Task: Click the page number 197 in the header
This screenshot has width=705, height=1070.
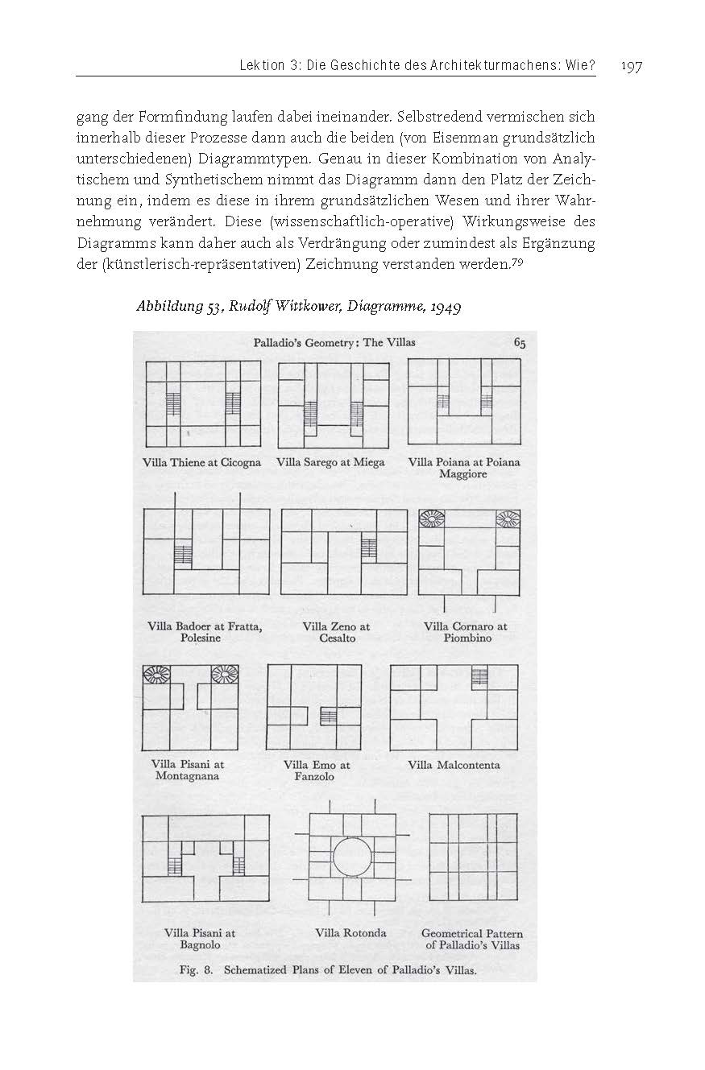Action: [631, 65]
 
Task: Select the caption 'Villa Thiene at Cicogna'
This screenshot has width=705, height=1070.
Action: [201, 462]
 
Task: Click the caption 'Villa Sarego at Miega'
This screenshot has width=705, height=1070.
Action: [330, 462]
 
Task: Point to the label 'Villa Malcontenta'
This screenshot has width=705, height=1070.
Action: [454, 764]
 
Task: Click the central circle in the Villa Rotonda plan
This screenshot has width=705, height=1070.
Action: [350, 859]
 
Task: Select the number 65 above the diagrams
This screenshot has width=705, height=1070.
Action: [520, 342]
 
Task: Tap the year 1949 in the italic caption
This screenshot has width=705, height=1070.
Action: [443, 307]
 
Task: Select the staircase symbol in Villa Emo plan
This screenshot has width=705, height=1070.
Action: [329, 714]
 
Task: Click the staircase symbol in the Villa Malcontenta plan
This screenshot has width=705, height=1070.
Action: [480, 675]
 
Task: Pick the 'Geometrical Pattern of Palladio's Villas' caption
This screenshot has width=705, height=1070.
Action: [472, 939]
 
